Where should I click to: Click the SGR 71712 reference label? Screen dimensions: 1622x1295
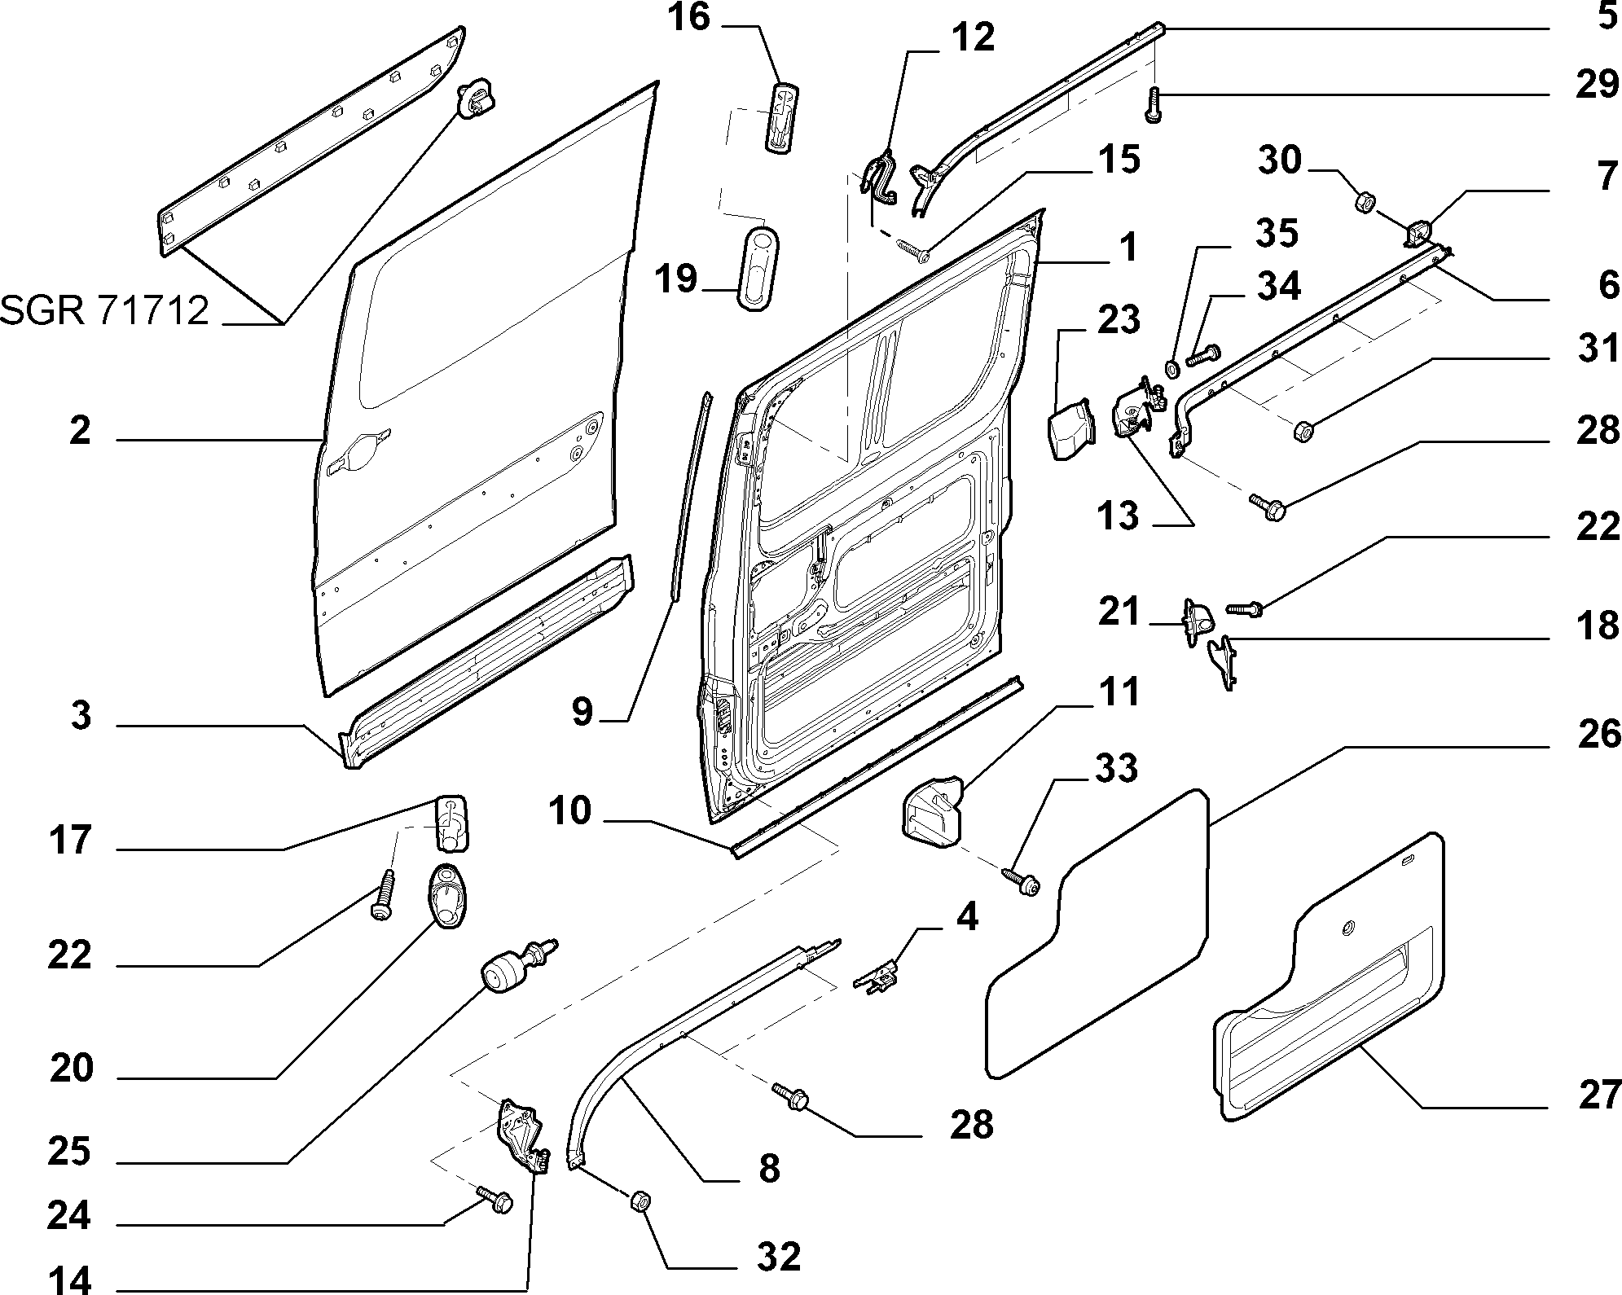[x=104, y=310]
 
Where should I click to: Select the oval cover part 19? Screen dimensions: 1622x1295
[x=758, y=269]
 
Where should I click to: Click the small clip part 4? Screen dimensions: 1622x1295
[x=877, y=972]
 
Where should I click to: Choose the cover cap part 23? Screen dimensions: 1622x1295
[x=1070, y=428]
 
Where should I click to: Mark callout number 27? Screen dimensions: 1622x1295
[x=1599, y=1094]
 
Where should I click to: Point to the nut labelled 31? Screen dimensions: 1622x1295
[x=1302, y=430]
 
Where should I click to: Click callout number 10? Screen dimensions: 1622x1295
[x=569, y=811]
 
